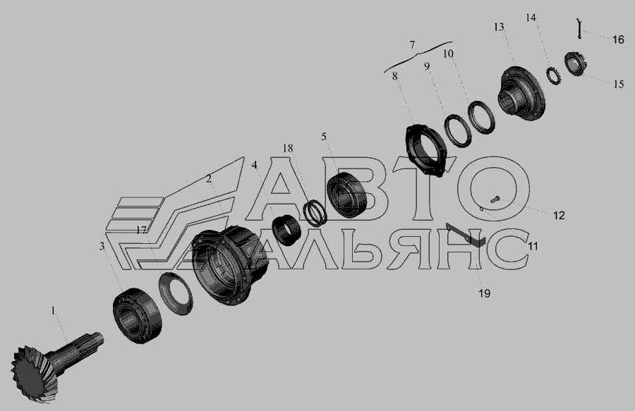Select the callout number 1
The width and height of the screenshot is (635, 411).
(53, 311)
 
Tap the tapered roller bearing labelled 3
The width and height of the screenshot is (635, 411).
(137, 316)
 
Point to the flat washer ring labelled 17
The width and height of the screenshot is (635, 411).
(176, 294)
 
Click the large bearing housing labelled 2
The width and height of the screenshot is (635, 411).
(230, 265)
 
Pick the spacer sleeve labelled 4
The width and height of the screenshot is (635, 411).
(286, 231)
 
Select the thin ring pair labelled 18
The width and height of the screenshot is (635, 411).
(315, 213)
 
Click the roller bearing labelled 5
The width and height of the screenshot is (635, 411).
(346, 195)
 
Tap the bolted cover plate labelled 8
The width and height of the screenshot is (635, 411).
(425, 150)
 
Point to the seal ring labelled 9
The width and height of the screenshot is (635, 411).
(458, 130)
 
